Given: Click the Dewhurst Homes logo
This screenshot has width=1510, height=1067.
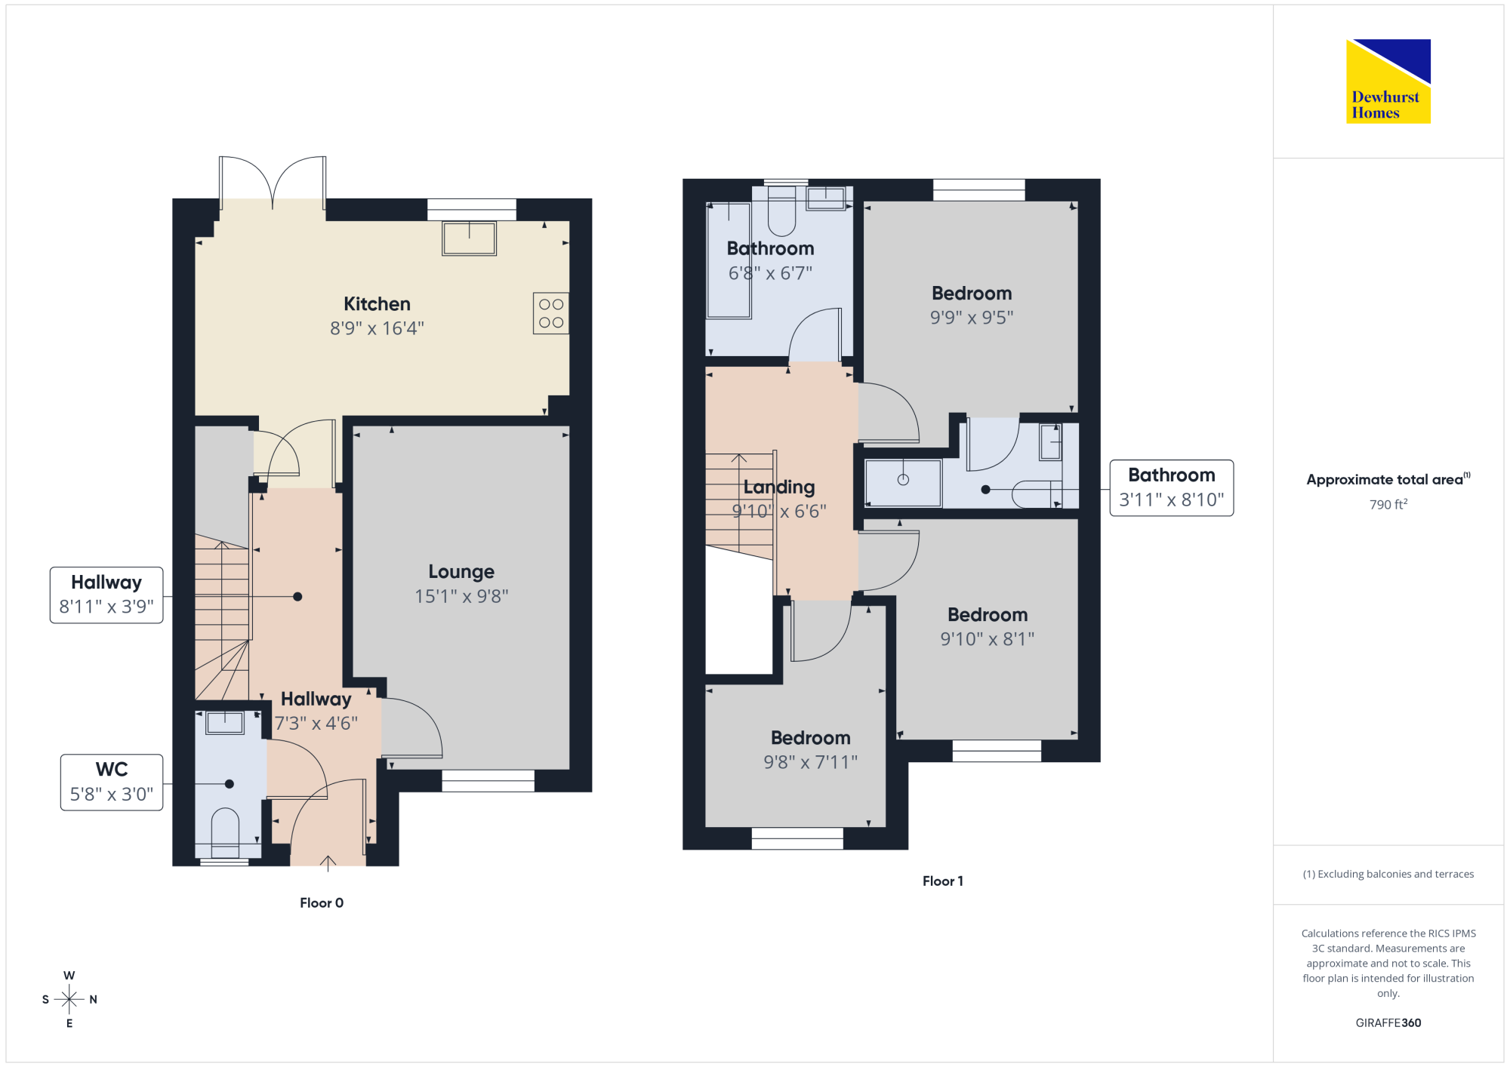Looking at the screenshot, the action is [1388, 81].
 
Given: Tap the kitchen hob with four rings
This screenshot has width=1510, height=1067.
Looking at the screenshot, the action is [551, 313].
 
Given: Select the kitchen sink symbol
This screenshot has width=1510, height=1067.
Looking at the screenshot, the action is [469, 238].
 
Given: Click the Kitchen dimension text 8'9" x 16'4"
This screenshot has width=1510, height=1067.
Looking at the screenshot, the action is [377, 328].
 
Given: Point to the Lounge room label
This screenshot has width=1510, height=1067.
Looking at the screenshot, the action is [461, 571].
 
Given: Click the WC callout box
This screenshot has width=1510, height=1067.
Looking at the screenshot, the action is [112, 783].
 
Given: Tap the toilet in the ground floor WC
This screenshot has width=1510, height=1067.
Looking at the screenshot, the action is [225, 833].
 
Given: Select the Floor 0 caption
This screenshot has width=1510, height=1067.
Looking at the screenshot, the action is [322, 902].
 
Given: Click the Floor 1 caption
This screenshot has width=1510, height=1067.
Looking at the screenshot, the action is [943, 881].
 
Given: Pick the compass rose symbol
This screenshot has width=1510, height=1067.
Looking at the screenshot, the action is [69, 999].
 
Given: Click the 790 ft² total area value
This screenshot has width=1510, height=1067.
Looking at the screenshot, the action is [1388, 504].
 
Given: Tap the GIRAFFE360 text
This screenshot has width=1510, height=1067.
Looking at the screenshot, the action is [1388, 1023].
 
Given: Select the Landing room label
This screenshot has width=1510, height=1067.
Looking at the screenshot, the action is [779, 487].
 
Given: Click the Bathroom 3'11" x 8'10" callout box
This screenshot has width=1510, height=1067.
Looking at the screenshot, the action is [1172, 488].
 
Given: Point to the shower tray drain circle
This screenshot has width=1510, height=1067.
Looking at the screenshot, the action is [903, 480].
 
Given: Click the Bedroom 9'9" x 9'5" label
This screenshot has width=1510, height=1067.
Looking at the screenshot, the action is [972, 306].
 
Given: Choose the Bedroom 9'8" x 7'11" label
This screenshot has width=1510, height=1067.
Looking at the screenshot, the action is [811, 750].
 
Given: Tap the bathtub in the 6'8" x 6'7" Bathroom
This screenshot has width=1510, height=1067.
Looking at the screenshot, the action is [729, 260].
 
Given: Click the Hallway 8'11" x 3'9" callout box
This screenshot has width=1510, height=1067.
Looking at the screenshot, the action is [106, 595].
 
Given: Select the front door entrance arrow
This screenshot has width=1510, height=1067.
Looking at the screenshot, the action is [328, 863].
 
